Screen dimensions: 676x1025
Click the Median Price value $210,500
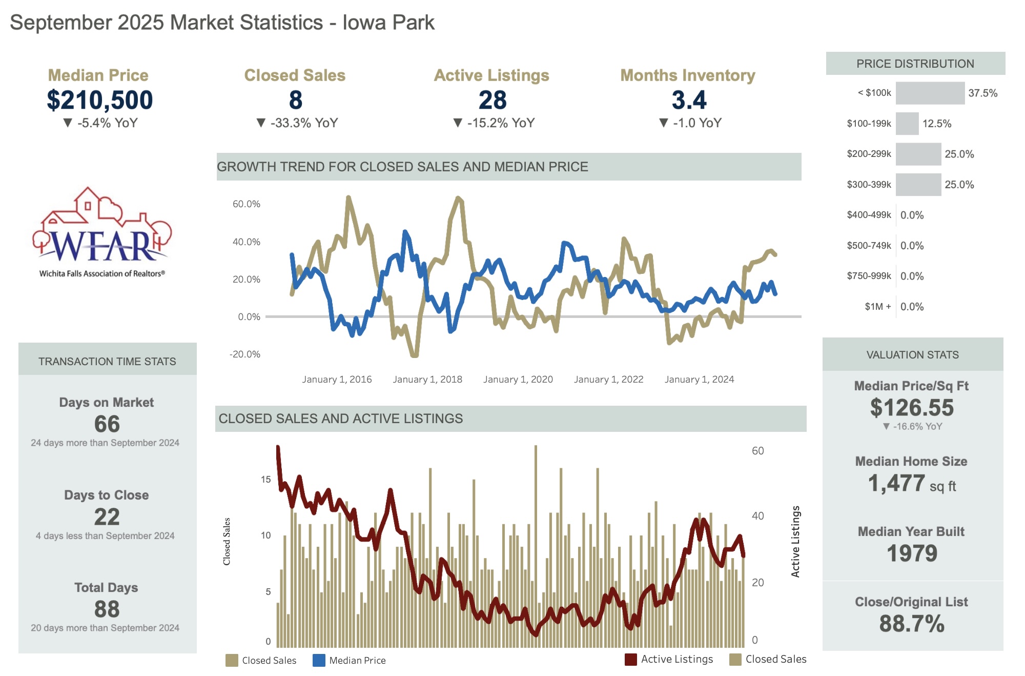(x=99, y=100)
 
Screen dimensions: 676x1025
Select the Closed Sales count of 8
(x=295, y=100)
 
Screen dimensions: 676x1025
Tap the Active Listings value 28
(x=492, y=100)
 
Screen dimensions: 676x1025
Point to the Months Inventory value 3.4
(x=689, y=100)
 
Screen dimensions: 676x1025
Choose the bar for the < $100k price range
(x=930, y=93)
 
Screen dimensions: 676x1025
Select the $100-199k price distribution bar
(x=907, y=124)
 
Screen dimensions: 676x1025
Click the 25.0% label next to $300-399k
(x=959, y=185)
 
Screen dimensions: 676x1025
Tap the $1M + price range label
(x=877, y=307)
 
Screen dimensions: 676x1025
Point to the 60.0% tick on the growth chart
(x=247, y=204)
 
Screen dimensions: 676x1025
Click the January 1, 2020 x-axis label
(x=518, y=380)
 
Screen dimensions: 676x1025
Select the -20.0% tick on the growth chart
(x=245, y=354)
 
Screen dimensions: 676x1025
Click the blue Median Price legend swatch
(x=319, y=660)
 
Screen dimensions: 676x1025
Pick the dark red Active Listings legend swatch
(x=630, y=659)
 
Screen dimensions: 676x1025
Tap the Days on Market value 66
(x=107, y=424)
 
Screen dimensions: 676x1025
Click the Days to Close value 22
(x=107, y=517)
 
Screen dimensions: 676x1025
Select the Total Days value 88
(x=107, y=609)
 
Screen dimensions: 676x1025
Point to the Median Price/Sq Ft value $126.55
(x=912, y=408)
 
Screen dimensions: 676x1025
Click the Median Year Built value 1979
(x=912, y=553)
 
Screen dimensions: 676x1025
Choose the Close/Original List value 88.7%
(x=912, y=624)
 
